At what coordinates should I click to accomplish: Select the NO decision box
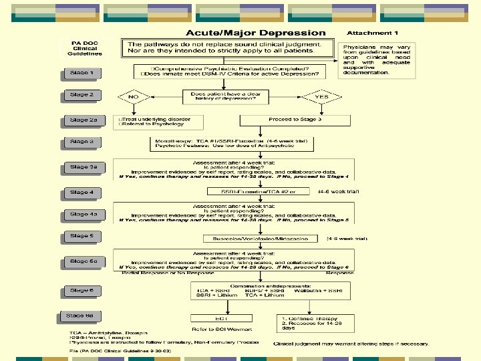point(134,96)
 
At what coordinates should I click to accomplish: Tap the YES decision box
point(321,96)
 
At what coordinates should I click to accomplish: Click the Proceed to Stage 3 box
point(295,120)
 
